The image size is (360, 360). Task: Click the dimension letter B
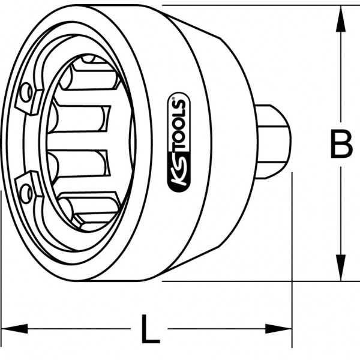tap(341, 144)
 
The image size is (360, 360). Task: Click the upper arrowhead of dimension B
tap(341, 19)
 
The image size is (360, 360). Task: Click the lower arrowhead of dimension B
tap(341, 268)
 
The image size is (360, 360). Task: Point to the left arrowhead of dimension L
tap(14, 329)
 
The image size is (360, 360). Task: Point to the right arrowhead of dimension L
tap(278, 329)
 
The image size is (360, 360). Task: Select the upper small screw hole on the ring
tap(26, 92)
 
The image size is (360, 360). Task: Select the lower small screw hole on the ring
tap(26, 193)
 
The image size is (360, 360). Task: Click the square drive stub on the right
tap(273, 142)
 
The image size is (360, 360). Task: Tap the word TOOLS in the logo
tap(179, 126)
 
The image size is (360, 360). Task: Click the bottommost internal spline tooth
tap(89, 209)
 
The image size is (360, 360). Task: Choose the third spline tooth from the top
tap(77, 164)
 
